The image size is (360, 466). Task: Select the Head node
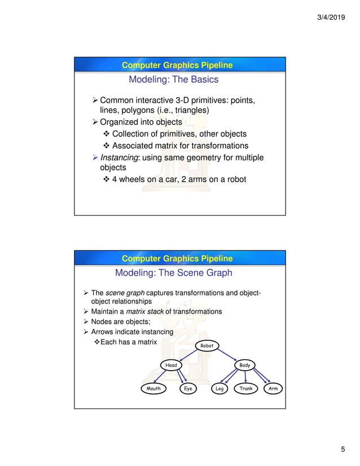pos(171,365)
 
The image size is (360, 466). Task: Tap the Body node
pos(245,365)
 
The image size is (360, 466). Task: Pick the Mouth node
pos(153,389)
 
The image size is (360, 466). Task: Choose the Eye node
pos(187,389)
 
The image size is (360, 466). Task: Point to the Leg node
pos(219,389)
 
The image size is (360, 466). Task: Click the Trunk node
pos(245,389)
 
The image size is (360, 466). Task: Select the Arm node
pos(273,389)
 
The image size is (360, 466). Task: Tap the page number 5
pos(342,449)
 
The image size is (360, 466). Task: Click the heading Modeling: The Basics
pos(173,80)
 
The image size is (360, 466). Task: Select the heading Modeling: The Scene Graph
pos(173,274)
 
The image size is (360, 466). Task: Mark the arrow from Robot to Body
pos(228,355)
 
